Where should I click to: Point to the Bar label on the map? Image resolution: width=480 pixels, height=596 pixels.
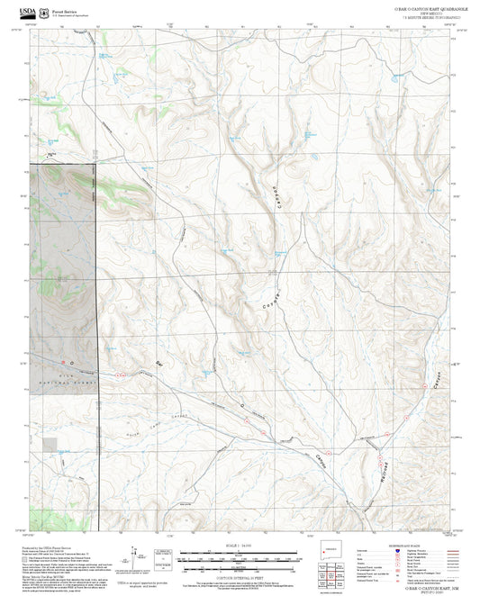coord(160,364)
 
